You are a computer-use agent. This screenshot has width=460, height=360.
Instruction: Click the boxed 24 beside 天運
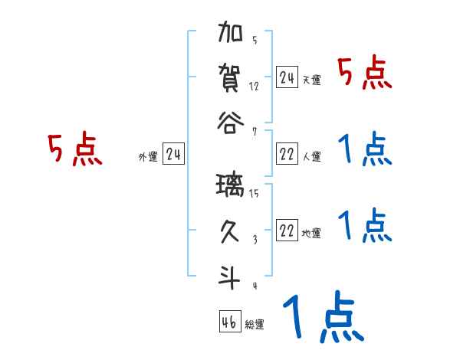287,77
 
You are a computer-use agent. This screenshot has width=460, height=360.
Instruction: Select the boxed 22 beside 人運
287,154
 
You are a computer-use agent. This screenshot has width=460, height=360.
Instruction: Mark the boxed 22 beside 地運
287,231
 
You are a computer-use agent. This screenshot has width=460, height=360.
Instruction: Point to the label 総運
255,325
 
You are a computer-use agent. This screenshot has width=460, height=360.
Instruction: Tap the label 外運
148,158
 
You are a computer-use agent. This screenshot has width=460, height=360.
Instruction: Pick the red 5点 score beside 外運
74,150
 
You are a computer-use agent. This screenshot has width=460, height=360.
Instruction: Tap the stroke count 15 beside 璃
254,195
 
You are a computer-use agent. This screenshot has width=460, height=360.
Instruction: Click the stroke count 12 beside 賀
254,86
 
